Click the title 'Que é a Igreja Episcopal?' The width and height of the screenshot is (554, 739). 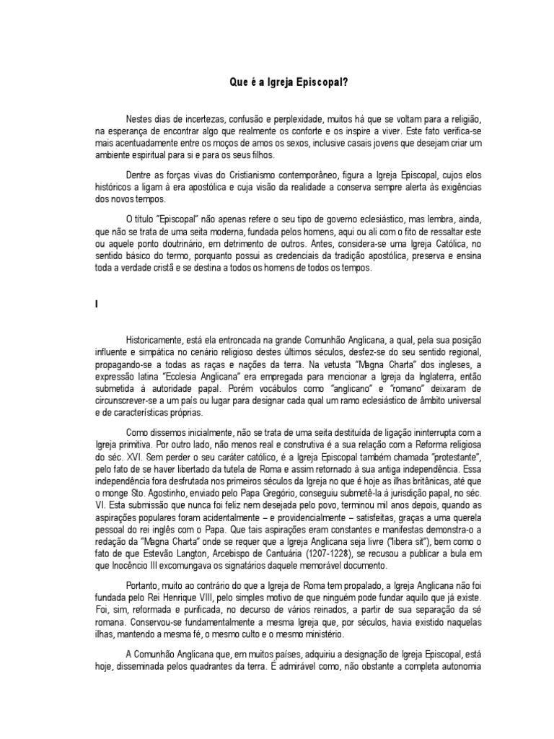point(277,82)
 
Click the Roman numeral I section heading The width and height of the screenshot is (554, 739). point(96,306)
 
